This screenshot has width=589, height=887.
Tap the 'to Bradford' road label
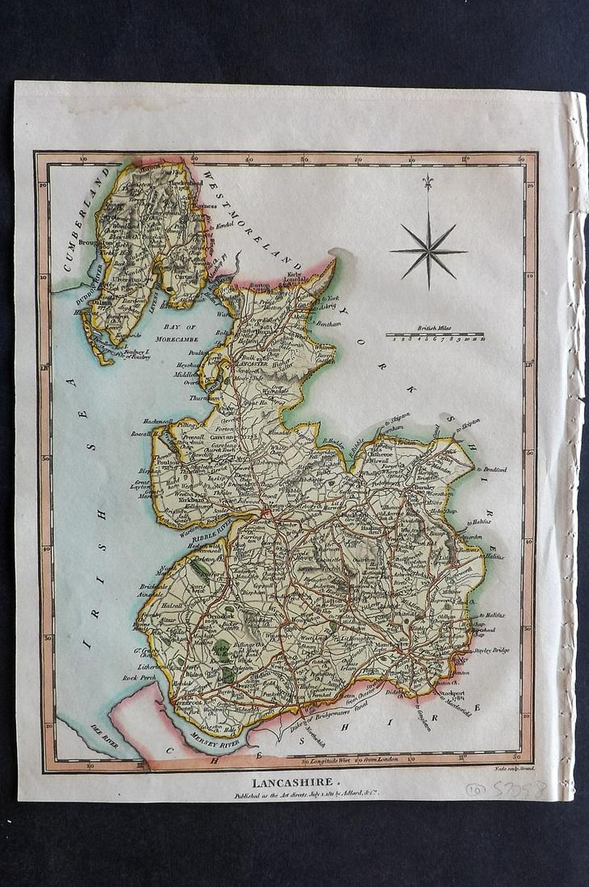point(491,468)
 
